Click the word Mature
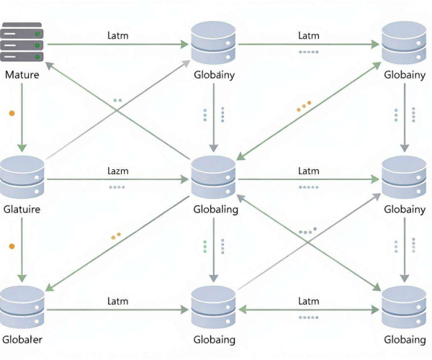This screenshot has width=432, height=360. pos(22,75)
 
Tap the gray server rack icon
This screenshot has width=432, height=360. pos(22,42)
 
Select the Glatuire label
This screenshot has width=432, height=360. pos(22,209)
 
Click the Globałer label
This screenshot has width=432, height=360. pos(22,339)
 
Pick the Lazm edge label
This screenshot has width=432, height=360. pos(118,171)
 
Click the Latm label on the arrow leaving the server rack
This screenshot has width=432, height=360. pos(118,35)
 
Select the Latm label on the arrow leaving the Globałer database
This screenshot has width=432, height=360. pos(118,301)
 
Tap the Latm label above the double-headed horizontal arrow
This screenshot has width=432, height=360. pos(309,301)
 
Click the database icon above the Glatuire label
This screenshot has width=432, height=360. pos(22,177)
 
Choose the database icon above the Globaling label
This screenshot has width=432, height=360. pos(214,177)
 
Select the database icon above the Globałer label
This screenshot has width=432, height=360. pos(22,307)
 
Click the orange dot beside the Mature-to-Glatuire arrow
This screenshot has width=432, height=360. pos(12,113)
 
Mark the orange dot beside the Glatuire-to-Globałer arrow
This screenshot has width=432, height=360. pos(12,246)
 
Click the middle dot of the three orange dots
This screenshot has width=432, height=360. pos(304,107)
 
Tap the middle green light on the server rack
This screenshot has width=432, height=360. pos(37,45)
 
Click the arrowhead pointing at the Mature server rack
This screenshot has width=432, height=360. pos(49,66)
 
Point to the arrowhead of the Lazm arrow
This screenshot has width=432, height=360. pos(184,179)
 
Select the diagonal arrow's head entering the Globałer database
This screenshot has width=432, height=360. pos(49,287)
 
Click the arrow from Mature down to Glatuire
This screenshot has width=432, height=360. pos(22,117)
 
